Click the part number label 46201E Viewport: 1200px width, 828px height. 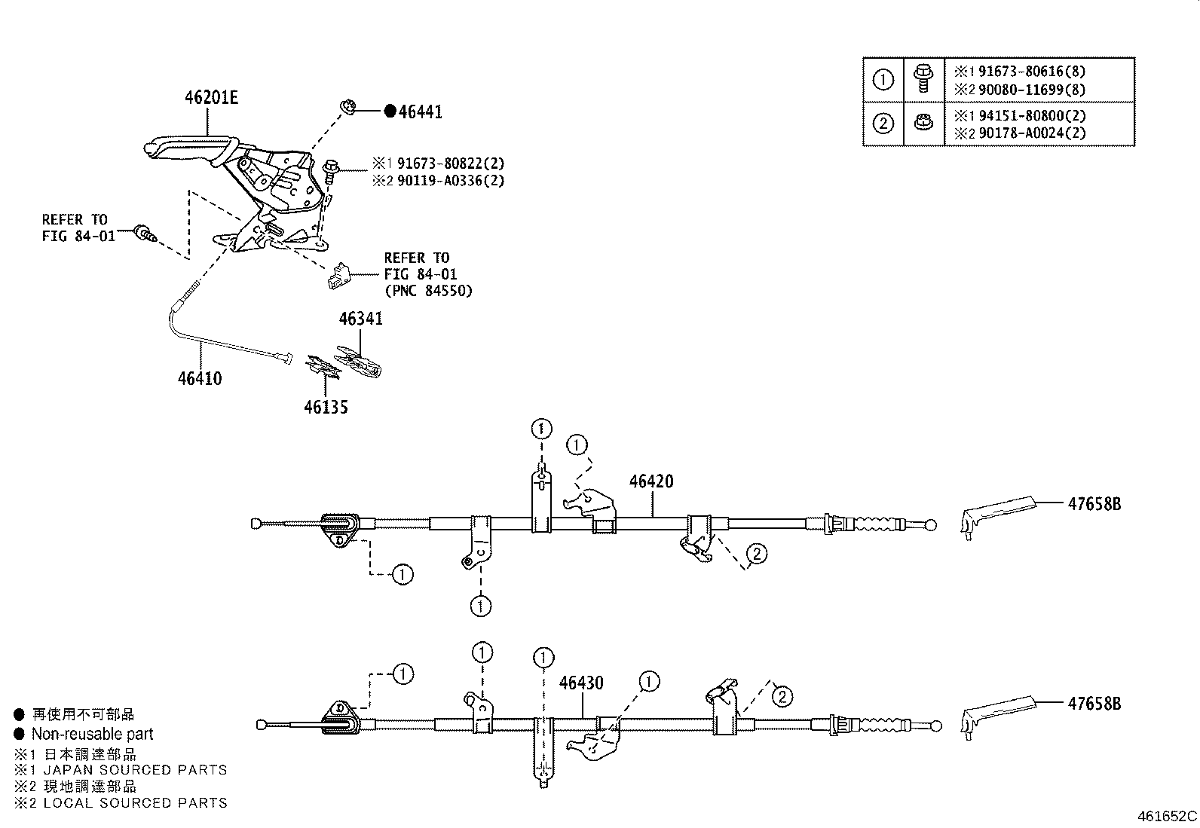tap(211, 98)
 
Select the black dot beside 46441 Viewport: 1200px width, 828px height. tap(390, 112)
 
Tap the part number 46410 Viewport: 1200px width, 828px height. tap(200, 378)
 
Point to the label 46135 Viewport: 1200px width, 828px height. tap(326, 408)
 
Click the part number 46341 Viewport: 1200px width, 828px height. tap(360, 319)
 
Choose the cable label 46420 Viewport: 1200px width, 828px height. tap(651, 481)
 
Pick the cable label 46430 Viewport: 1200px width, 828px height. tap(581, 683)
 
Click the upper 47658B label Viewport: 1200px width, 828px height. tap(1094, 504)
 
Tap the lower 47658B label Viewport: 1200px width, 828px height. tap(1094, 704)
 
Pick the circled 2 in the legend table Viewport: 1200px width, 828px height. tap(883, 123)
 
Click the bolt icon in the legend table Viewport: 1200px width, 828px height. tap(921, 78)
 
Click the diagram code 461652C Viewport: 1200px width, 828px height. tap(1167, 816)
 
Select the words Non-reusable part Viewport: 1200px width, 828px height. tap(92, 734)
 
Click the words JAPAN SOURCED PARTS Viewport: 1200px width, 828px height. tap(135, 770)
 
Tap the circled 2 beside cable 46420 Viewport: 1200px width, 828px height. tap(756, 554)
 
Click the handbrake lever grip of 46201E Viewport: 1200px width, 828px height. tap(181, 146)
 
